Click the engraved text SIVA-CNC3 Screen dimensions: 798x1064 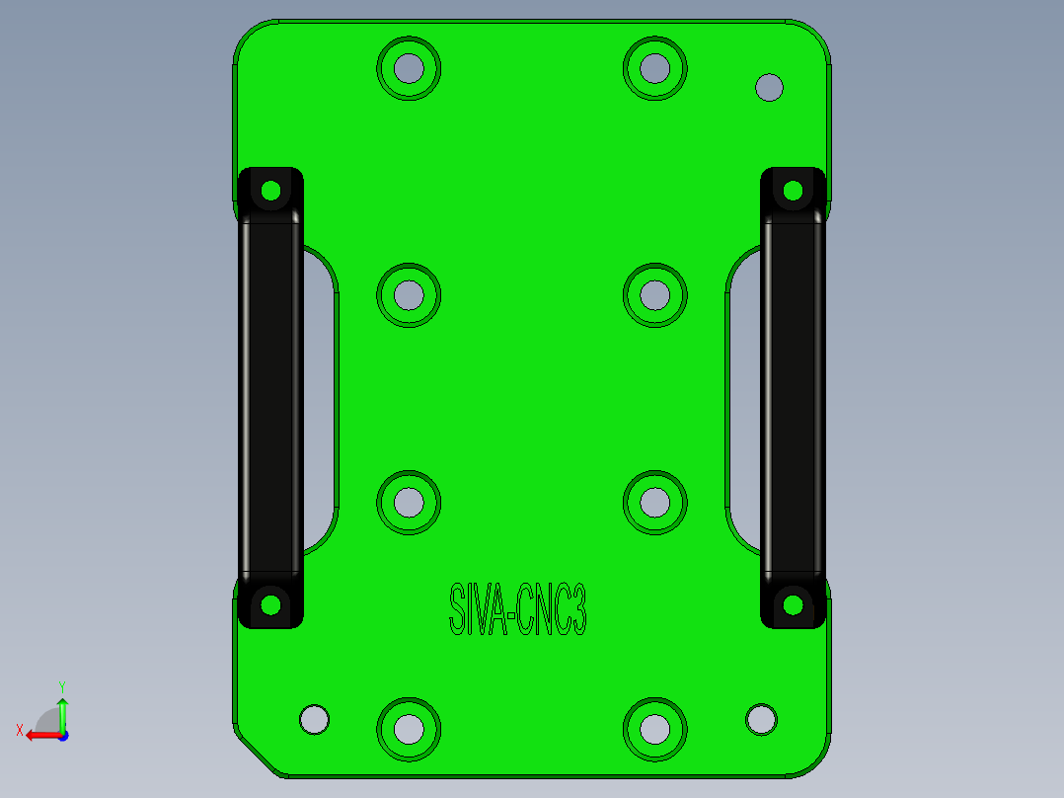point(518,609)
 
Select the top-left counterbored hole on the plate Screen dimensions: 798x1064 point(409,68)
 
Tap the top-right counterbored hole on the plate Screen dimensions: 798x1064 point(654,68)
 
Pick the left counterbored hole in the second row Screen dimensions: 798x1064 point(409,295)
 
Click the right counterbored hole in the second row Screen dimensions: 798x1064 point(654,295)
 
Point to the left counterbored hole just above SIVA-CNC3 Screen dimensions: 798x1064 point(409,502)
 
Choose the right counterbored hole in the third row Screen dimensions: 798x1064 point(654,502)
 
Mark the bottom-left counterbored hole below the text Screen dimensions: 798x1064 point(409,729)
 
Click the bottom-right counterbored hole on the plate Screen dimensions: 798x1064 point(654,729)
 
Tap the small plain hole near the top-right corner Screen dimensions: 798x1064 point(769,88)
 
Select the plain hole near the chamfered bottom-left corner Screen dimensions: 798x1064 point(314,718)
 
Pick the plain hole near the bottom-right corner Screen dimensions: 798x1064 point(761,718)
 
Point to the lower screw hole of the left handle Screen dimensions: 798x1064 point(270,603)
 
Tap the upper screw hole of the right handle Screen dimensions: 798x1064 point(793,190)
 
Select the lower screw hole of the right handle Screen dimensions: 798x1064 point(793,603)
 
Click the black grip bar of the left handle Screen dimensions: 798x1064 point(270,395)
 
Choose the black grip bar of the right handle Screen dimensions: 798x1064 point(793,395)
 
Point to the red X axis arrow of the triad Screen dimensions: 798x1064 point(38,735)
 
